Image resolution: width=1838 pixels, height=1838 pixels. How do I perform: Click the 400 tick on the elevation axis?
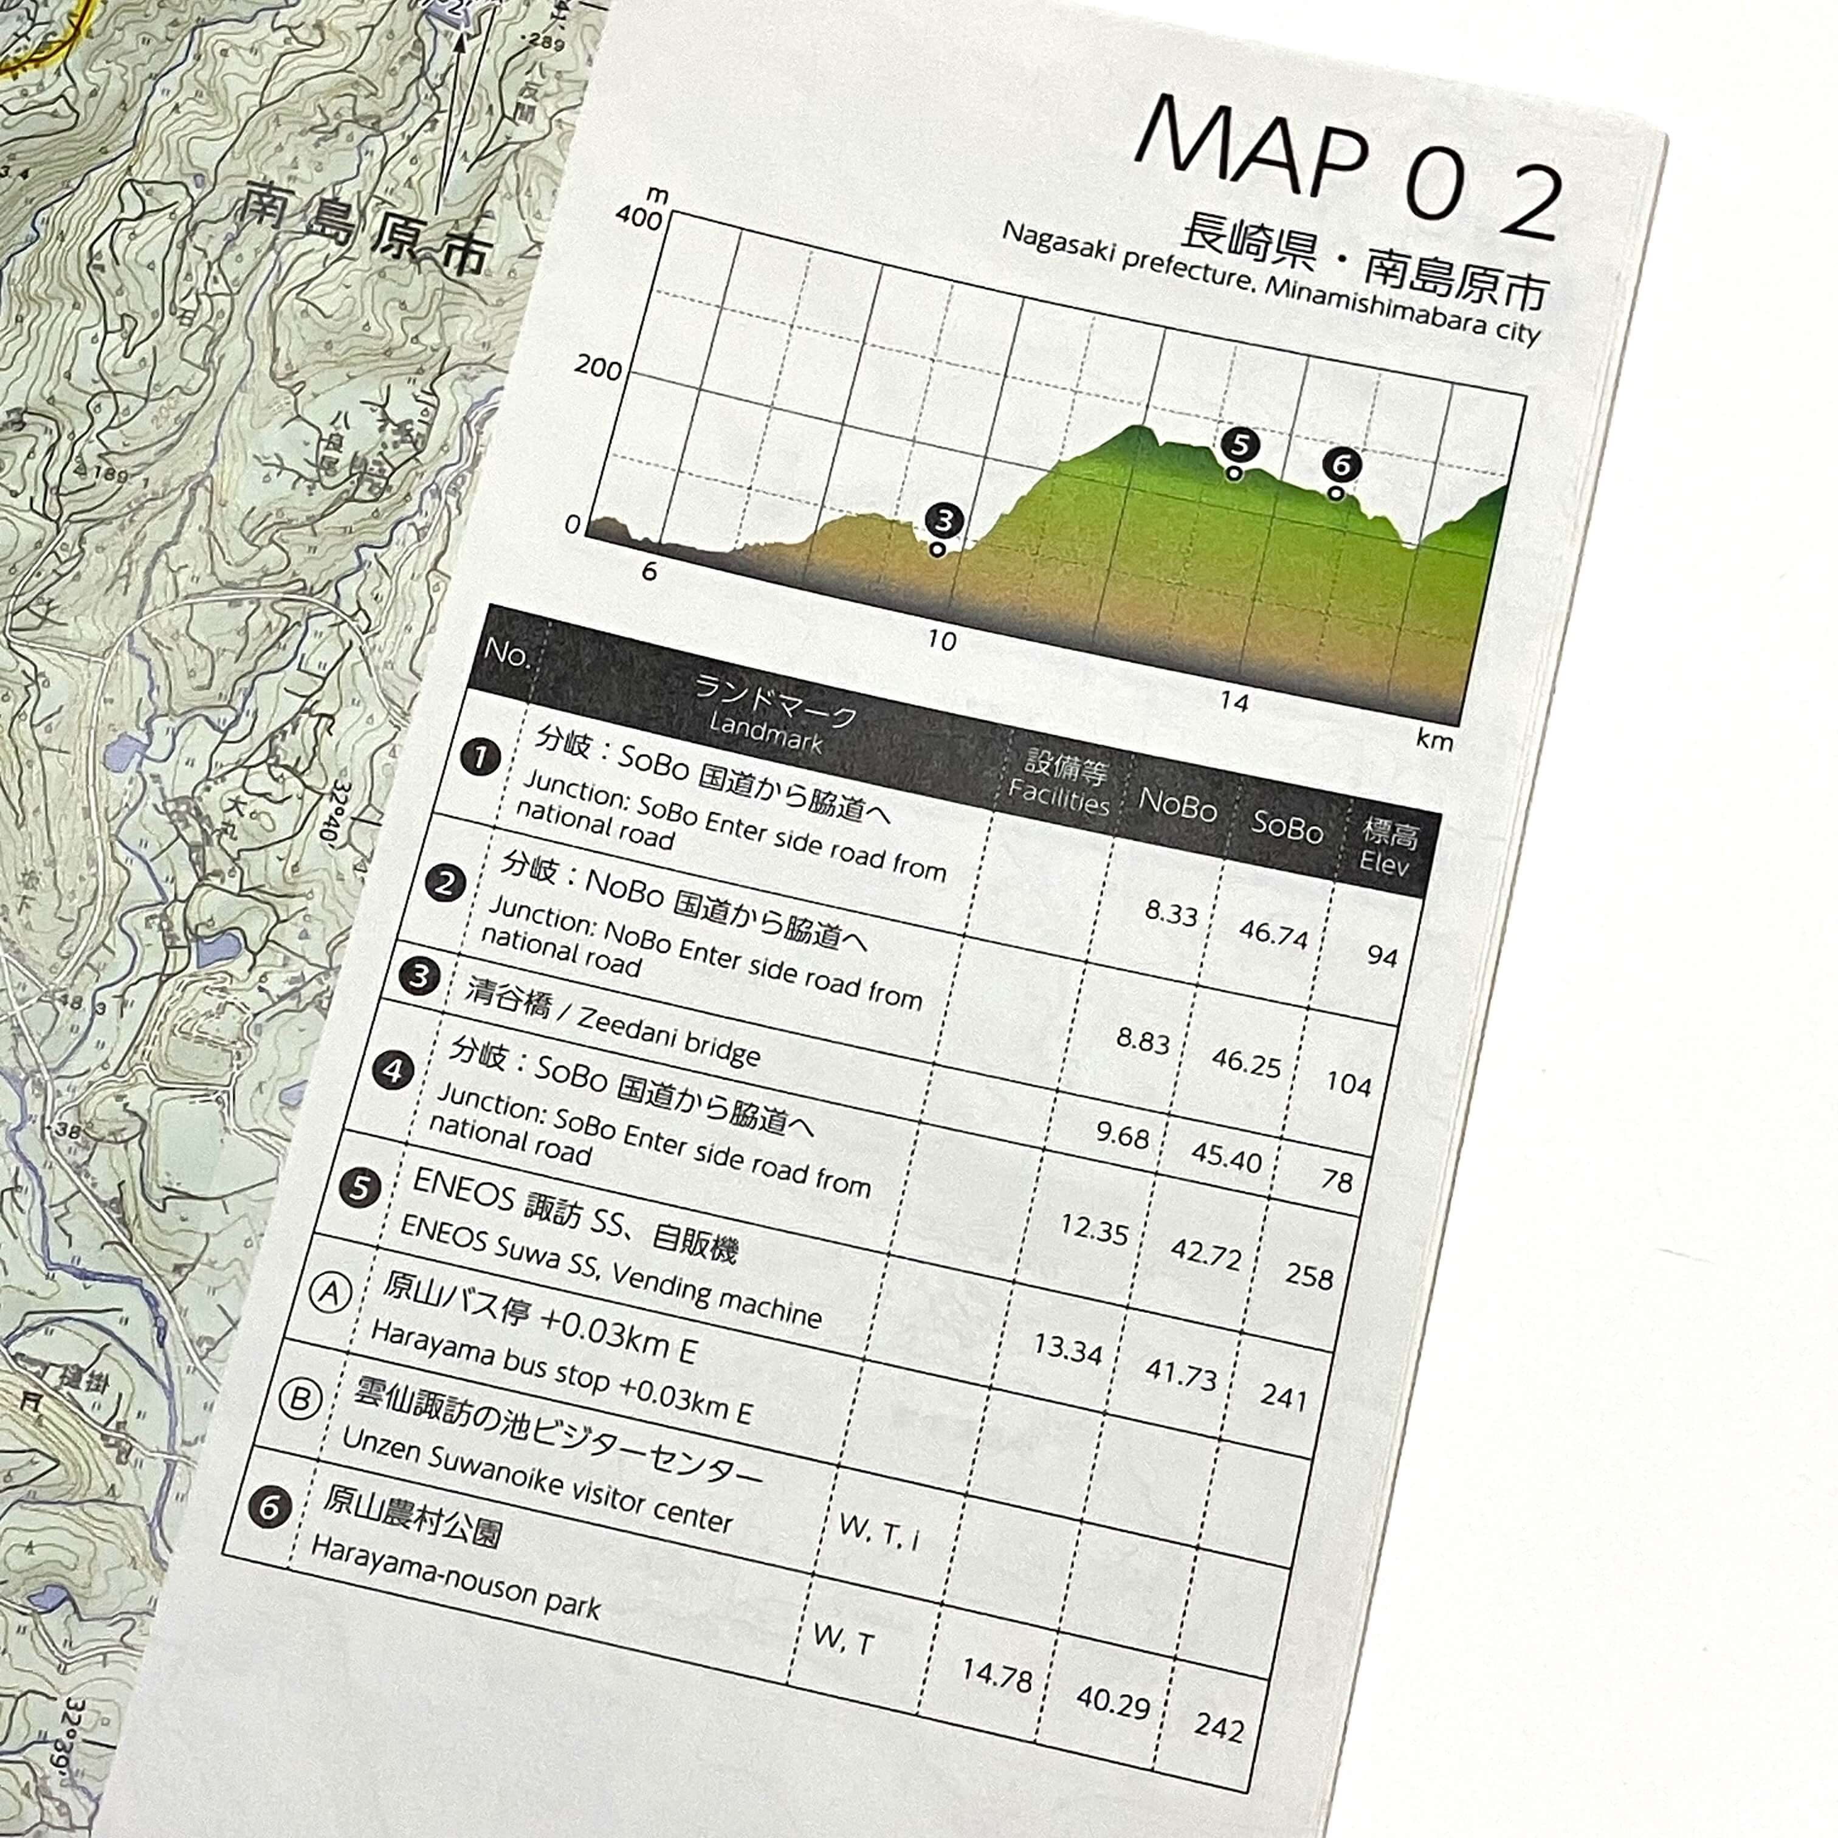[x=638, y=217]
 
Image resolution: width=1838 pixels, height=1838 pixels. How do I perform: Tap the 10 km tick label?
[x=941, y=640]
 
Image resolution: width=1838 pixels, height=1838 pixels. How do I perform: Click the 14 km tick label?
[x=1234, y=702]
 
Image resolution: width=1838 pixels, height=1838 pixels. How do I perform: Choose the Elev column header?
[x=1386, y=848]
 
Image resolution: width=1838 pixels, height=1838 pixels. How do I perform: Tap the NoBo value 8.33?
[x=1170, y=914]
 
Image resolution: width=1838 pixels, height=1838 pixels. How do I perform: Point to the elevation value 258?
[x=1309, y=1276]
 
